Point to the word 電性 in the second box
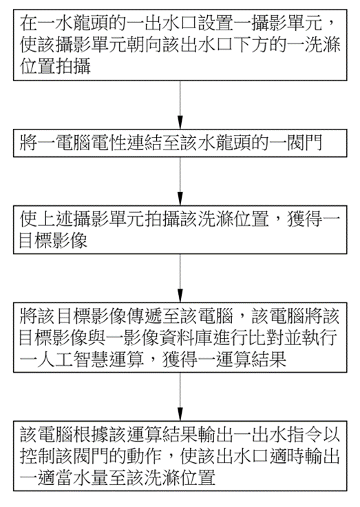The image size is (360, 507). click(108, 143)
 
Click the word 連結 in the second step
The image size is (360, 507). click(144, 143)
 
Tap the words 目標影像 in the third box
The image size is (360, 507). click(53, 240)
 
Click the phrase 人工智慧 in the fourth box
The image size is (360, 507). click(73, 359)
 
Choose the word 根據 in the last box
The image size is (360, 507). click(90, 434)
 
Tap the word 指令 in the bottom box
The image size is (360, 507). click(304, 434)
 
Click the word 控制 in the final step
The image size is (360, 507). click(37, 455)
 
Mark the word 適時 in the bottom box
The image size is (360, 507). click(286, 455)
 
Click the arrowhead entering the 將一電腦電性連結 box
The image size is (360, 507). click(180, 122)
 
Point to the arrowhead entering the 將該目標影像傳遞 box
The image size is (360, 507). click(180, 296)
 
